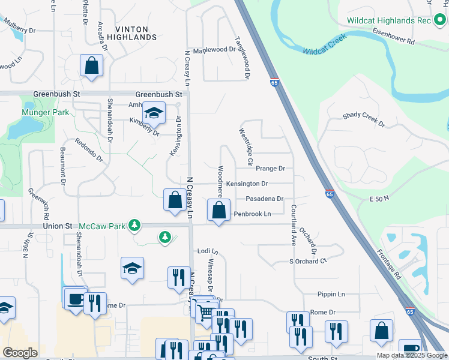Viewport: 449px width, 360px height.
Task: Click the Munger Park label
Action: tap(45, 112)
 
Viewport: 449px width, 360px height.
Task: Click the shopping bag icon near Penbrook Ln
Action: tap(218, 210)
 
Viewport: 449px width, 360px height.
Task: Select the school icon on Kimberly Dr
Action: tap(154, 113)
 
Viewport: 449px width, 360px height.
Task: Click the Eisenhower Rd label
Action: tap(393, 35)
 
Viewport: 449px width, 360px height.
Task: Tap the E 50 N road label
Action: tap(379, 198)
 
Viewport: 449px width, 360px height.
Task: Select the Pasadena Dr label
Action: tap(264, 199)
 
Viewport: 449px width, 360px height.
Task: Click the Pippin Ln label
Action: tap(333, 294)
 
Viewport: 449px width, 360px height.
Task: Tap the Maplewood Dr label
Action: tap(214, 50)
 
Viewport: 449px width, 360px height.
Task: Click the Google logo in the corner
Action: tap(20, 352)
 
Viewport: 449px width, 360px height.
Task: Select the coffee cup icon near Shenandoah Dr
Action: tap(75, 298)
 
